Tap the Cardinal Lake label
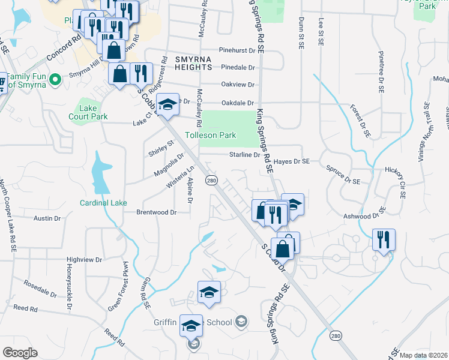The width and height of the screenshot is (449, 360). [103, 203]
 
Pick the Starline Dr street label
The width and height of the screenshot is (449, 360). [244, 155]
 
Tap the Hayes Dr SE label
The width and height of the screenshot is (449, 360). [291, 161]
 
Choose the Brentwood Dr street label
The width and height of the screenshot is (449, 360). [156, 212]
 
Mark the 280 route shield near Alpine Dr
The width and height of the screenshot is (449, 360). [211, 180]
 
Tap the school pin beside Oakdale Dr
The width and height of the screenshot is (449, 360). [167, 104]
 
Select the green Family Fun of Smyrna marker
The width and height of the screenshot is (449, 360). [55, 79]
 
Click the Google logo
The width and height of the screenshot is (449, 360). [20, 353]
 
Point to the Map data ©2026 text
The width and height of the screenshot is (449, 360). [424, 355]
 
